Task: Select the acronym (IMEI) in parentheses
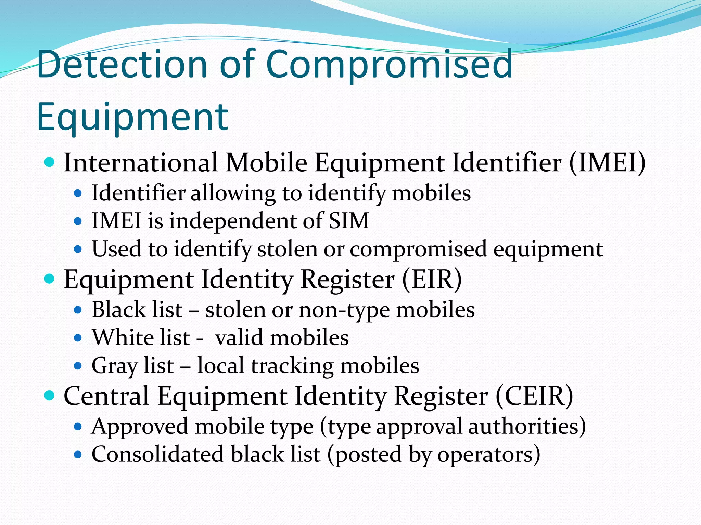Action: tap(607, 163)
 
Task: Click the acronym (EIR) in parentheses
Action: tap(432, 280)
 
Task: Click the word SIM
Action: tap(349, 221)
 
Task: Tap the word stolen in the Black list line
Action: tap(235, 310)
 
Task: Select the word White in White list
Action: tap(123, 338)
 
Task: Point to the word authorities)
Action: tap(527, 427)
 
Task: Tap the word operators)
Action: tap(489, 455)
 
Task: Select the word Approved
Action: tap(140, 427)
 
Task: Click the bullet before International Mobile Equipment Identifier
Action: tap(50, 162)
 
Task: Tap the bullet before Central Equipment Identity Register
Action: tap(50, 396)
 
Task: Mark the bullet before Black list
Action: tap(78, 310)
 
